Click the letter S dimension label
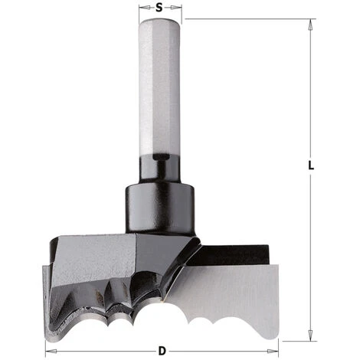tap(159, 8)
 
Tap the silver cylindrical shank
tap(159, 84)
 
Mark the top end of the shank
tap(159, 21)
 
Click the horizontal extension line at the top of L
tap(245, 19)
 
